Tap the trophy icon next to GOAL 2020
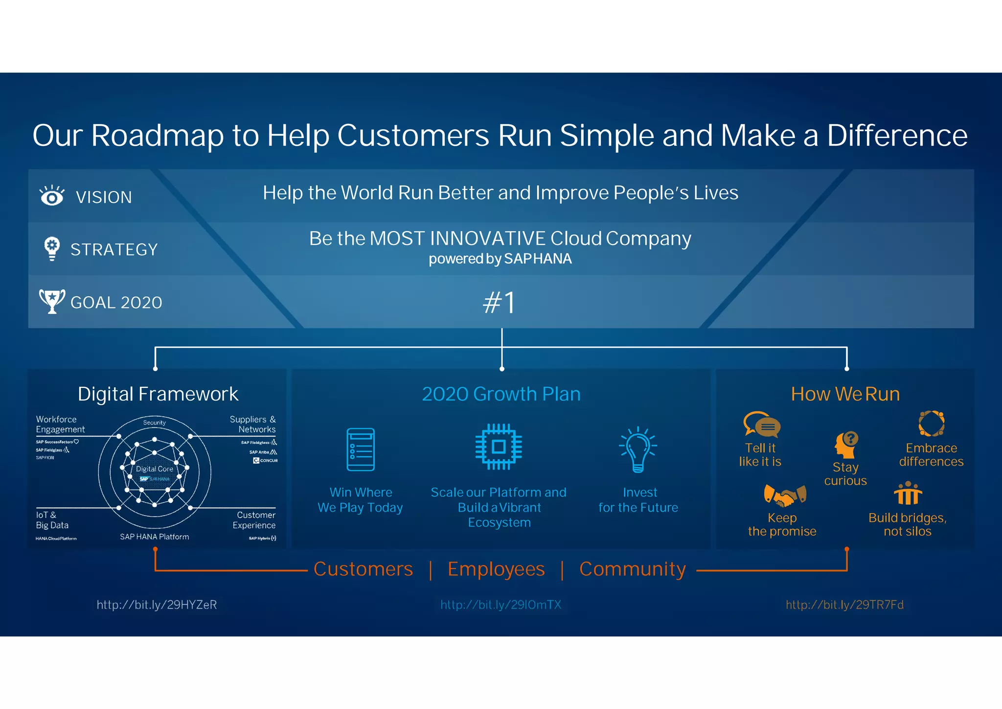click(52, 301)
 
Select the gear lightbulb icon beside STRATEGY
click(52, 248)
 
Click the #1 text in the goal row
click(500, 303)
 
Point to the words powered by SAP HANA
click(500, 259)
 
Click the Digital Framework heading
click(158, 394)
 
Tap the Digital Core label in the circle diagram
click(154, 469)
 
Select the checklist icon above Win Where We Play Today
click(361, 449)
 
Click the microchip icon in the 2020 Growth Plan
click(499, 447)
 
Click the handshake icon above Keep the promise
click(785, 496)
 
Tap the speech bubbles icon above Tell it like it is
click(762, 424)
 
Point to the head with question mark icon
click(846, 445)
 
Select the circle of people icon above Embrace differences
click(931, 423)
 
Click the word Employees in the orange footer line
click(496, 569)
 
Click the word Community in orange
click(633, 569)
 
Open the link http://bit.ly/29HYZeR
click(157, 605)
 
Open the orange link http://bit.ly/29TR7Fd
click(844, 605)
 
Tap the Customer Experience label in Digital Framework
click(255, 520)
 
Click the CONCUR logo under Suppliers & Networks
click(266, 461)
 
